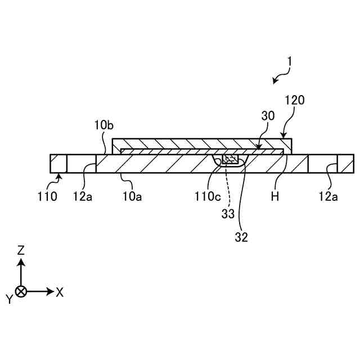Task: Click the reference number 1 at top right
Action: tap(289, 61)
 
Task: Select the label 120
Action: tap(294, 100)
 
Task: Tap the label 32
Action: tap(241, 237)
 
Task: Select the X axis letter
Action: tap(60, 291)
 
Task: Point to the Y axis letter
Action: tap(9, 299)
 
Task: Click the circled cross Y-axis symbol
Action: tap(21, 291)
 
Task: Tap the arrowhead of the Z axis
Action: tap(21, 262)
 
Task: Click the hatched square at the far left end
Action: tap(58, 164)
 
